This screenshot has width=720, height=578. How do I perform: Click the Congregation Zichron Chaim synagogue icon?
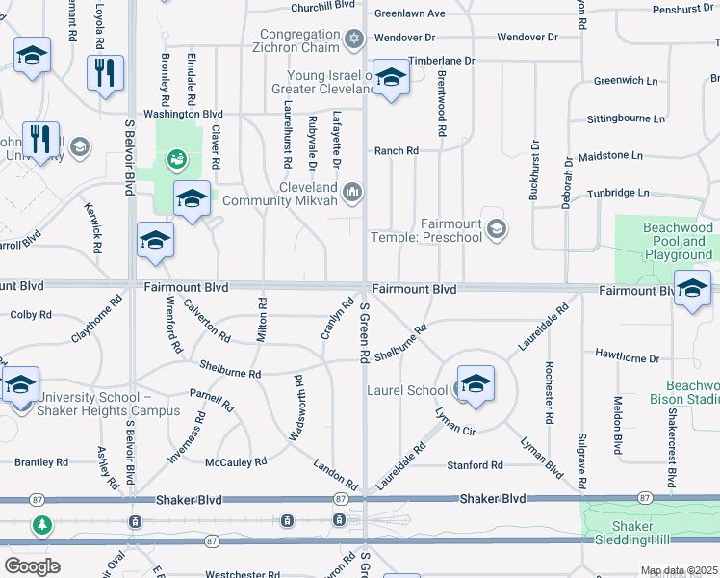point(354,39)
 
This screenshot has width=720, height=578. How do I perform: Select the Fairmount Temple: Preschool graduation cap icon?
point(496,229)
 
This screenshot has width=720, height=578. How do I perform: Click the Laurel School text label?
point(407,391)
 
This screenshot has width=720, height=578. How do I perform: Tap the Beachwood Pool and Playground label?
point(677,242)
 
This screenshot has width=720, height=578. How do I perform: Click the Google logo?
point(32,565)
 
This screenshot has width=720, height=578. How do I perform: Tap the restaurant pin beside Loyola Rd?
point(103,72)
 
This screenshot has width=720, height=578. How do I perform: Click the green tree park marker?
point(41,525)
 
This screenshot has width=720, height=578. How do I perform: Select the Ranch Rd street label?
point(397,151)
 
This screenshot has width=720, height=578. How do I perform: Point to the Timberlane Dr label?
point(442,61)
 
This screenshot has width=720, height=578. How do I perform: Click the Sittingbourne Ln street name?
point(626,119)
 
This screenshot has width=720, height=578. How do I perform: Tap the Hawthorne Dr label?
point(627,357)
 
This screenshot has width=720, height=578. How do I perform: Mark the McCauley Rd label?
point(236,462)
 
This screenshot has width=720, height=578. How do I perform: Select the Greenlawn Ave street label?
point(409,13)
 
